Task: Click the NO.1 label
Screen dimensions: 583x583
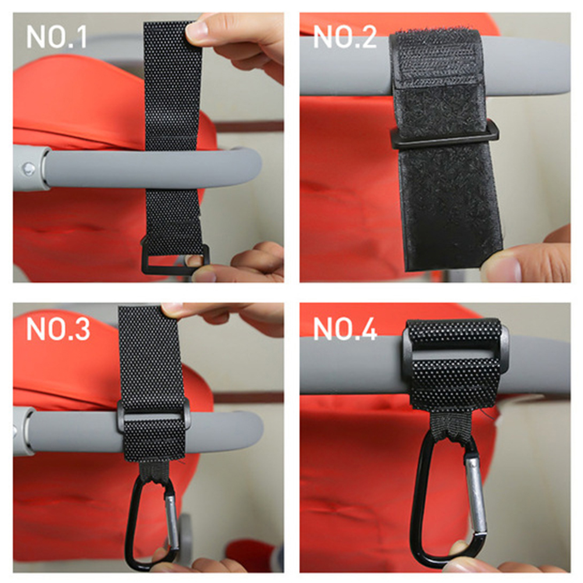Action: click(x=56, y=37)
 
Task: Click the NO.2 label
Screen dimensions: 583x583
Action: click(x=345, y=37)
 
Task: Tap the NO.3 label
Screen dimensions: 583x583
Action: click(x=58, y=329)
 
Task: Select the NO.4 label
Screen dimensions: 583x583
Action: click(x=345, y=329)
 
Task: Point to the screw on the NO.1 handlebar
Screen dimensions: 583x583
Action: click(x=28, y=169)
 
